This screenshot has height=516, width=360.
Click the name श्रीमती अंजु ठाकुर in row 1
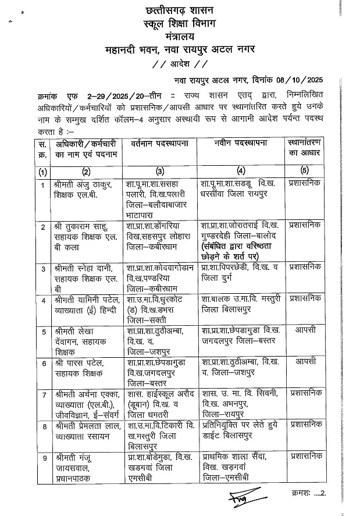pyautogui.click(x=76, y=184)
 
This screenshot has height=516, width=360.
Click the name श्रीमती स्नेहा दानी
pyautogui.click(x=80, y=268)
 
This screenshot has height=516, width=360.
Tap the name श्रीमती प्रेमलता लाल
pyautogui.click(x=82, y=425)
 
